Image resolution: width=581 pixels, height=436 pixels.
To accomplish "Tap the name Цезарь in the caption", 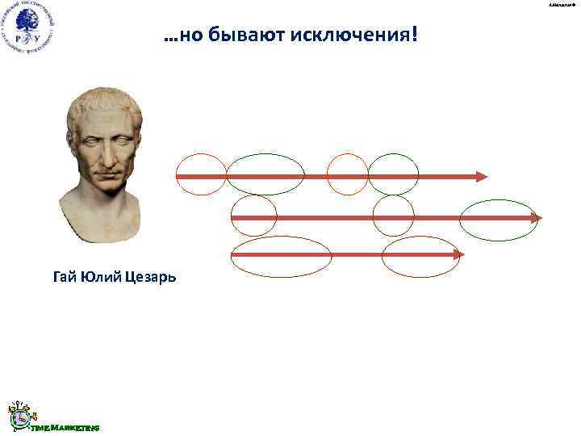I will click(x=148, y=278).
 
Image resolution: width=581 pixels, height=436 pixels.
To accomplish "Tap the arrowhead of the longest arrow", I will click(x=536, y=218).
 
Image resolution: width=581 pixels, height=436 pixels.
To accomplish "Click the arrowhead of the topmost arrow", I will click(x=482, y=176).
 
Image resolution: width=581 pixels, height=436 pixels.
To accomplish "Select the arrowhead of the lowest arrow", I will click(x=458, y=255).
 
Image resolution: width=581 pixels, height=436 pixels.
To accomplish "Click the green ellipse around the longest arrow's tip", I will click(x=499, y=219).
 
